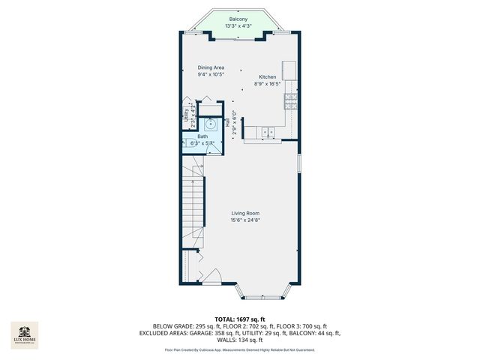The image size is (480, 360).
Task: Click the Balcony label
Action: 238,19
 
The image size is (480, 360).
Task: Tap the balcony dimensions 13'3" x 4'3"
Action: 238,26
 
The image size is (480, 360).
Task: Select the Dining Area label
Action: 211,67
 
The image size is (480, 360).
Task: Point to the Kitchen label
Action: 268,77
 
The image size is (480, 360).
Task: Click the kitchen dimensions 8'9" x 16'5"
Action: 268,84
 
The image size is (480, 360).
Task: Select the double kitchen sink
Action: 268,133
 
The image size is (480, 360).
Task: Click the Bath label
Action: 202,136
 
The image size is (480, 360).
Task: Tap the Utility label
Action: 187,115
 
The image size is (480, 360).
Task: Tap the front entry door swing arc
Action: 213,275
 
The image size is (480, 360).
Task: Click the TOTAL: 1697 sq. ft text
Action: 239,319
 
